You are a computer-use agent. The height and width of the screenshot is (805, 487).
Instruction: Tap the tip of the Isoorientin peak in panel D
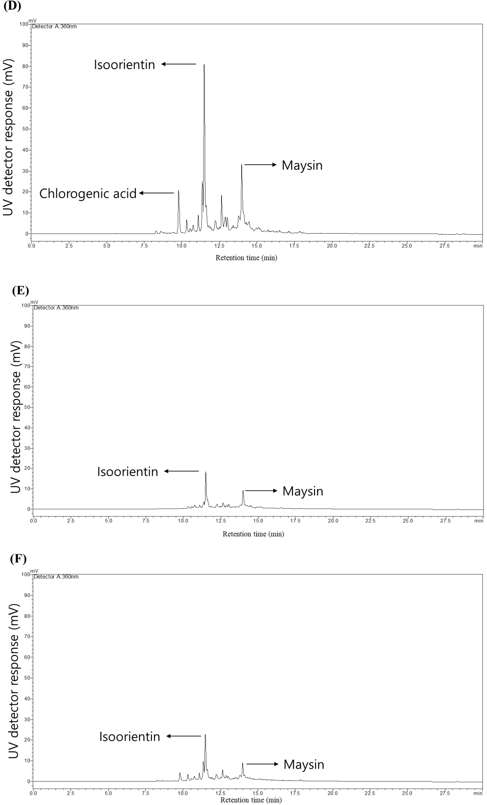pos(204,65)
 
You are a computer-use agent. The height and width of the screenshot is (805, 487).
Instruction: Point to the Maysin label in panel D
pos(302,165)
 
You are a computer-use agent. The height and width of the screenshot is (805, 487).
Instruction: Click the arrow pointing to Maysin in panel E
pos(261,491)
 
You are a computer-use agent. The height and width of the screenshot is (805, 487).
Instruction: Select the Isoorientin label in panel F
pos(130,737)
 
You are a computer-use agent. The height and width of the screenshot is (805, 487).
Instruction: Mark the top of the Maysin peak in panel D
pos(242,165)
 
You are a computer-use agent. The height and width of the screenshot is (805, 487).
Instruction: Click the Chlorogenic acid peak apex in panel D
pos(178,190)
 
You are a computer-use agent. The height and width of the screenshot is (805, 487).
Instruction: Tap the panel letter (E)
pos(20,291)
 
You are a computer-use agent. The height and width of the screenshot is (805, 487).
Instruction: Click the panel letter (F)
pos(18,559)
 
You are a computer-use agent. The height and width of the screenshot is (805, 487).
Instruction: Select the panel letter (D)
pos(12,6)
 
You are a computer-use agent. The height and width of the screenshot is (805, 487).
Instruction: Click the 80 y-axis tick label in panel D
pos(25,66)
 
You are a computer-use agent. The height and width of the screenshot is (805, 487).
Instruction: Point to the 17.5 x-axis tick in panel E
pos(295,521)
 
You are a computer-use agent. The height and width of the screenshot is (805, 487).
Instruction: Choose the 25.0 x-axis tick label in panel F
pos(407,793)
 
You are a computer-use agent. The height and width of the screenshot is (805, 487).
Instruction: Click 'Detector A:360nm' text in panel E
pos(56,308)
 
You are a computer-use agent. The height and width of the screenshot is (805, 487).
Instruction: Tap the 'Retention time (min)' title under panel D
pos(246,258)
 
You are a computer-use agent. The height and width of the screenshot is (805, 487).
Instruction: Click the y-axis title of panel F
pos(13,681)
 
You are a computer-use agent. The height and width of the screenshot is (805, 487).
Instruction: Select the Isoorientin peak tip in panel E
pos(206,472)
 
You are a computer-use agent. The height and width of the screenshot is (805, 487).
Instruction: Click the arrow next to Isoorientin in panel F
pos(184,736)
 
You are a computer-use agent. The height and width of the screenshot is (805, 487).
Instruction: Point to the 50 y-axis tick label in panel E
pos(27,407)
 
